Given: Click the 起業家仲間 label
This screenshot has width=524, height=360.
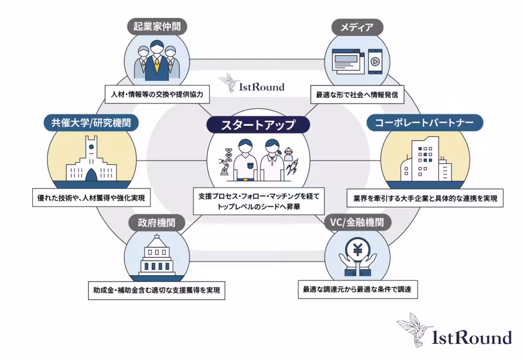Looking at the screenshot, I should point(156,27).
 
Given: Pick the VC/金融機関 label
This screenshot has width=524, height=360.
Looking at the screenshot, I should point(357,223).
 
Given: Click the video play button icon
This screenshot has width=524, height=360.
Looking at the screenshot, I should point(374,62).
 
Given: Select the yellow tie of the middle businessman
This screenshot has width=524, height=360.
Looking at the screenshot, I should point(156,66).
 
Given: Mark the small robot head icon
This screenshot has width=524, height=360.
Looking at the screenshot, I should point(288,152).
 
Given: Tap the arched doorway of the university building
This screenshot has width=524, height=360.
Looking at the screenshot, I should point(91,175).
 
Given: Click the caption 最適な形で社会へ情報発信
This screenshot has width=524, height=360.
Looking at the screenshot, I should point(357,94).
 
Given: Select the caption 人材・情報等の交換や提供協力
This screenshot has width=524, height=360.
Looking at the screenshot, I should point(157,93).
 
